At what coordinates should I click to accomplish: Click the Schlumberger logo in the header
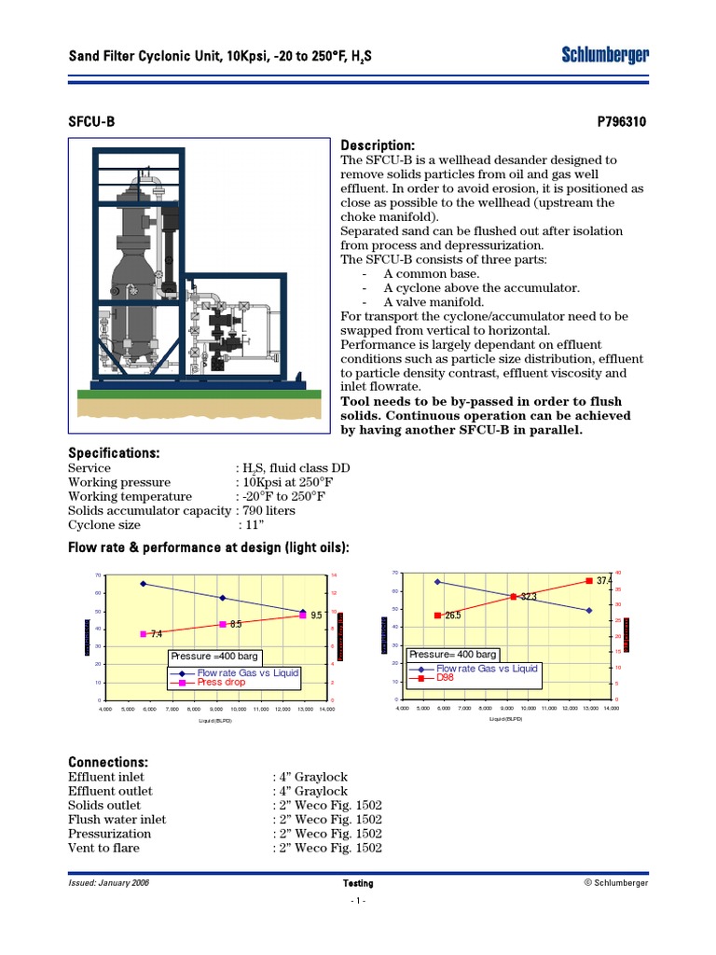(x=605, y=56)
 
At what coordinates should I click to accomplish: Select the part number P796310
(x=622, y=123)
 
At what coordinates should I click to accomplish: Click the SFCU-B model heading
(x=92, y=123)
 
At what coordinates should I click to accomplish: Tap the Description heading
(x=378, y=145)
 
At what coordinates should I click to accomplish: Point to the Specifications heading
(x=114, y=452)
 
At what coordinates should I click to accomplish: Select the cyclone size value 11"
(x=252, y=525)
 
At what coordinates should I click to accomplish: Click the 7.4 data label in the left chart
(x=156, y=634)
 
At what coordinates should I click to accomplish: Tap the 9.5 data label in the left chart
(x=315, y=616)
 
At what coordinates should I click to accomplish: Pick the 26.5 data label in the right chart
(x=453, y=616)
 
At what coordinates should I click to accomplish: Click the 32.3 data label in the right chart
(x=528, y=597)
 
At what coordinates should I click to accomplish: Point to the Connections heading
(x=108, y=762)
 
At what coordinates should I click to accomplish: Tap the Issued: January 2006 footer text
(x=109, y=882)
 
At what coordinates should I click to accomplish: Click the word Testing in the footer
(x=358, y=883)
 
